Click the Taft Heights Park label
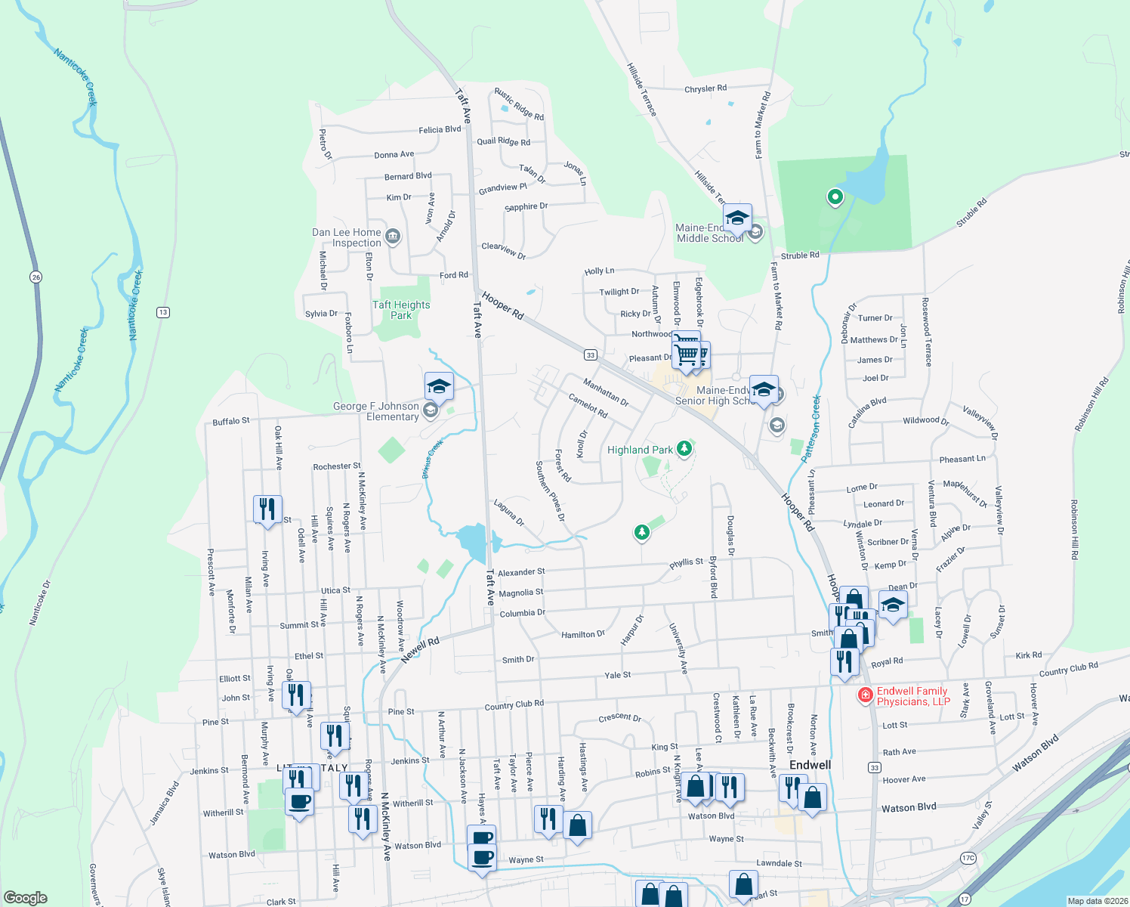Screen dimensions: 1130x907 point(401,310)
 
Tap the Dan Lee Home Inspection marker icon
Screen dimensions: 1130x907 point(393,237)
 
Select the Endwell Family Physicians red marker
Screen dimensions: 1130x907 point(866,695)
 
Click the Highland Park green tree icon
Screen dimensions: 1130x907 point(684,449)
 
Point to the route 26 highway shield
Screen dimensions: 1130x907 point(36,277)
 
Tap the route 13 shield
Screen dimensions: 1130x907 point(163,312)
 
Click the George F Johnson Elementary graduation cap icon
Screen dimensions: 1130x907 point(439,387)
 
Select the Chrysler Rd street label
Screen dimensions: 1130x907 point(705,89)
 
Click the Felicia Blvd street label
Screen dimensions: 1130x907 point(440,130)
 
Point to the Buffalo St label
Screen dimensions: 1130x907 point(231,421)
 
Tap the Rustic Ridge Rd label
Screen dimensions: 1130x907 point(519,104)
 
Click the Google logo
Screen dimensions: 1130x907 point(26,898)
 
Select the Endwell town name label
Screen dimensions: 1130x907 point(810,765)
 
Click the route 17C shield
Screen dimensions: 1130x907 point(968,857)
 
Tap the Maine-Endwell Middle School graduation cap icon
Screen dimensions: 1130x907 point(737,219)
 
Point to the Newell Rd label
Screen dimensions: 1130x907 point(420,650)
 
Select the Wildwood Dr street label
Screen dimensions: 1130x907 point(925,420)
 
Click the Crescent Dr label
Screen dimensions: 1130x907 point(619,717)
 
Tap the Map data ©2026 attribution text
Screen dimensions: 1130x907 point(1098,901)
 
